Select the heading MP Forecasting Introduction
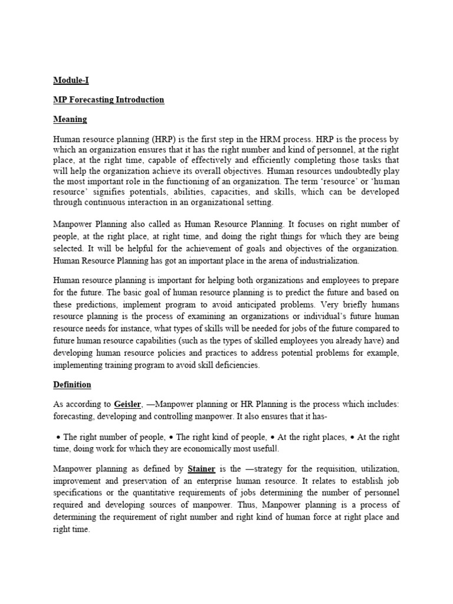tap(109, 100)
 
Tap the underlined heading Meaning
tap(70, 119)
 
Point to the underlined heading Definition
tap(72, 385)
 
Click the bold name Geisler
tap(129, 404)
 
